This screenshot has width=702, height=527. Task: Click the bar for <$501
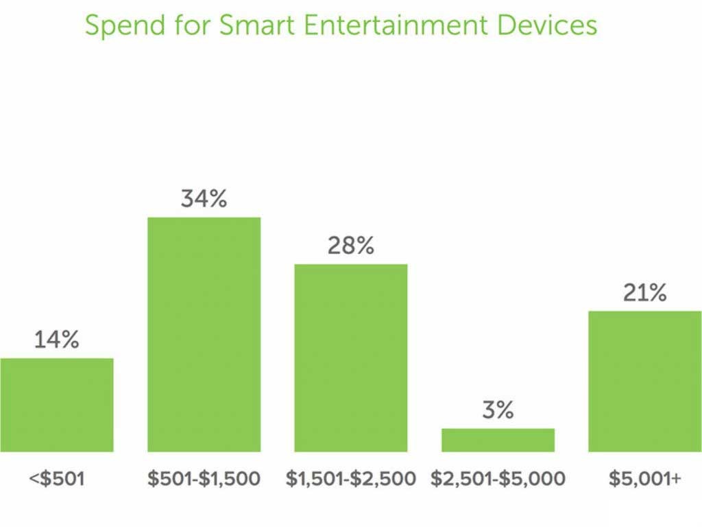[57, 405]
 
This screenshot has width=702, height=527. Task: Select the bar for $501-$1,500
[204, 334]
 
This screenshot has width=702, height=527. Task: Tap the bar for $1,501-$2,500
[351, 358]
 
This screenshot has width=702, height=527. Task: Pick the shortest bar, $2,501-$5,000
[498, 440]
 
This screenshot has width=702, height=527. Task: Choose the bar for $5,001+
[645, 381]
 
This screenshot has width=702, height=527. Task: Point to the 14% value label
[57, 340]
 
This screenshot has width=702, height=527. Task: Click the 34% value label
[204, 199]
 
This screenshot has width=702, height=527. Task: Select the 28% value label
[351, 246]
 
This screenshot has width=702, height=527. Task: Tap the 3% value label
[498, 410]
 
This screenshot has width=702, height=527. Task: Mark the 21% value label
[644, 293]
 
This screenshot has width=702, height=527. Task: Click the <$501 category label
[57, 478]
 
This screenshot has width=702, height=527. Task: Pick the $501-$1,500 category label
[204, 478]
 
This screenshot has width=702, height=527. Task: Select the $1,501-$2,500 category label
[351, 478]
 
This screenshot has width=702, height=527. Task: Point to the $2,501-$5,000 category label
[498, 478]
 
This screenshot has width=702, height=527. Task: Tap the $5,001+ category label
[645, 478]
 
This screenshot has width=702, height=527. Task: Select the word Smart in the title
[258, 25]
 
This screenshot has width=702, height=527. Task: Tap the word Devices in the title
[547, 25]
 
